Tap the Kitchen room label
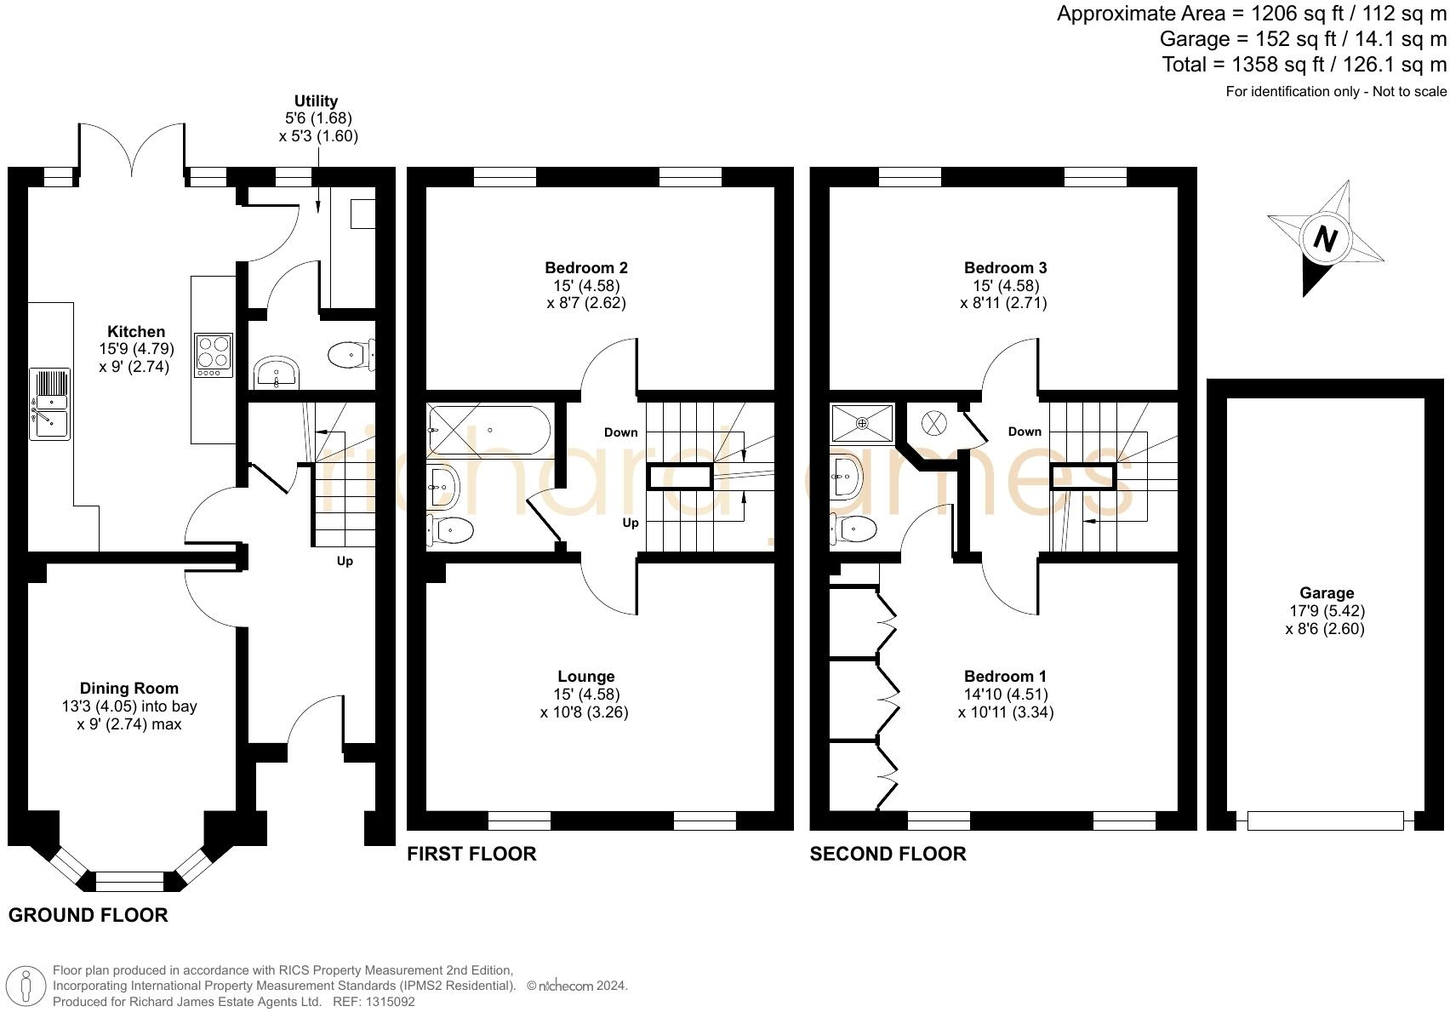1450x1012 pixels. coord(136,332)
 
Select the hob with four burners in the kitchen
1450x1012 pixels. coord(214,355)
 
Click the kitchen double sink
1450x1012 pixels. coord(49,404)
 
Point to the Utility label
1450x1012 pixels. coord(316,101)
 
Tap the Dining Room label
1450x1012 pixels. coord(129,689)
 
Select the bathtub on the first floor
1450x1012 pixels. coord(489,430)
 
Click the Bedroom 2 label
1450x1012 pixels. coord(586,268)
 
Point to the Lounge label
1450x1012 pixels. coord(585,677)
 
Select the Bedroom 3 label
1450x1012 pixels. coord(1005,268)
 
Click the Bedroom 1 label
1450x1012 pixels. coord(1005,677)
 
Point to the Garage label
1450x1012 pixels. coord(1327,593)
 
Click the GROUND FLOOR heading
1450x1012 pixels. coord(88,915)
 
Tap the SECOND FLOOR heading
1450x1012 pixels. coord(888,854)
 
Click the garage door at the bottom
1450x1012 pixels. coord(1325,820)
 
